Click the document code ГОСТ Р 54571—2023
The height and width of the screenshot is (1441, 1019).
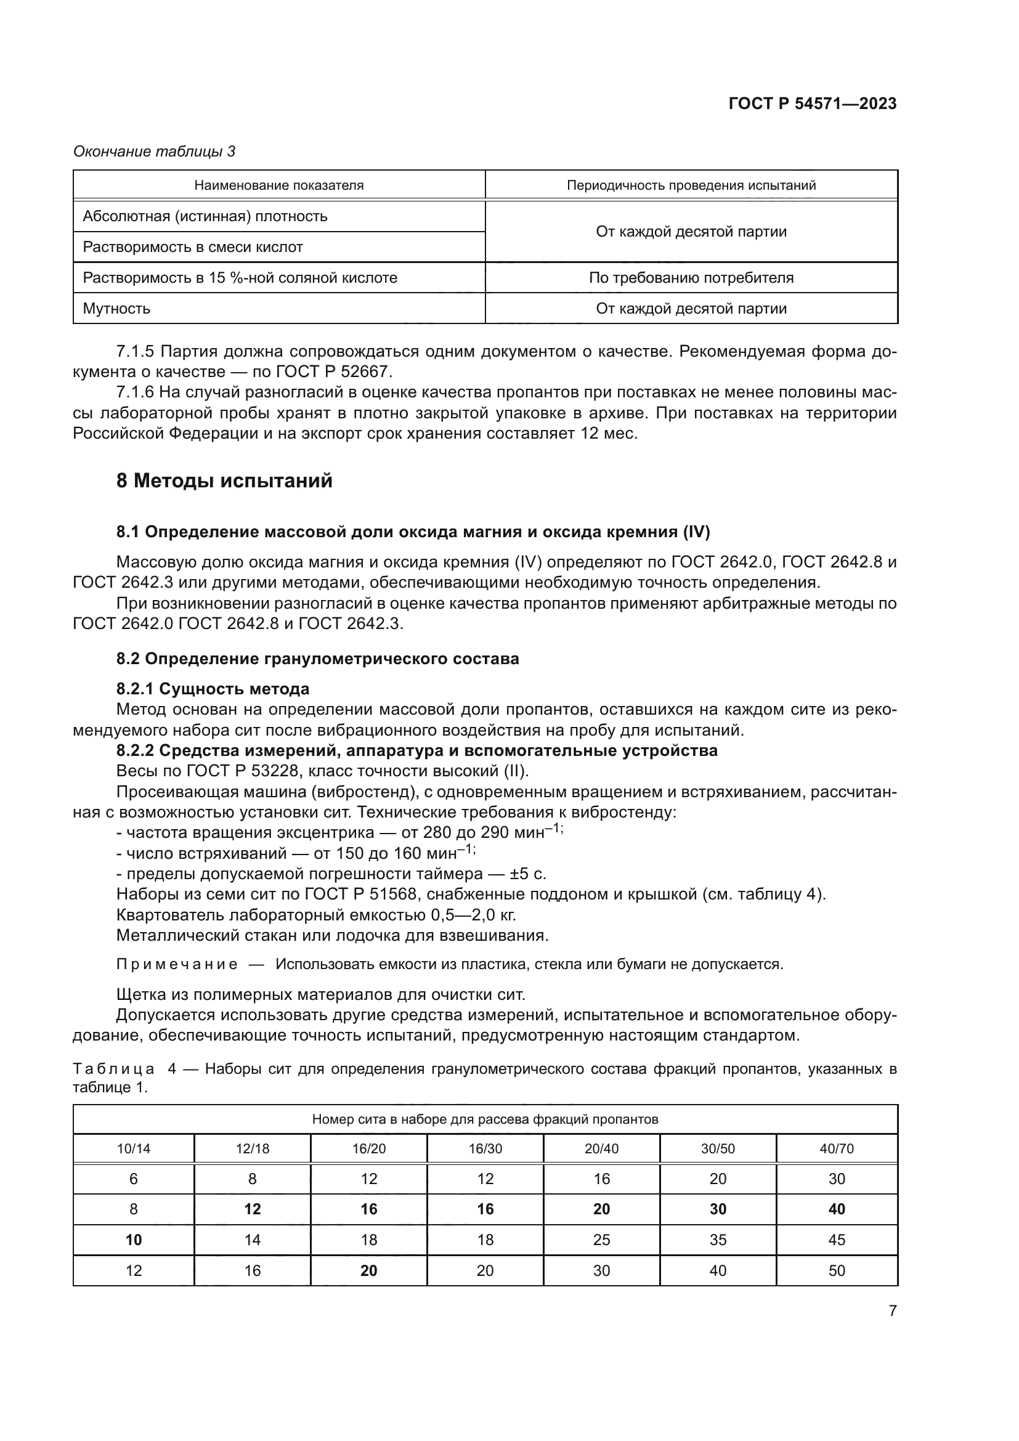tap(812, 104)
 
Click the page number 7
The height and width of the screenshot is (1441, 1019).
tap(892, 1310)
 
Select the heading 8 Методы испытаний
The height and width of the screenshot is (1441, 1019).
tap(224, 481)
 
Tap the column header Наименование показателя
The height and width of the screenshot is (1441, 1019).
tap(278, 185)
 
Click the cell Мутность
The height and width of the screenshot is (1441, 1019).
tap(116, 309)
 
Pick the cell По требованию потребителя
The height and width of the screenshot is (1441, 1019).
tap(691, 278)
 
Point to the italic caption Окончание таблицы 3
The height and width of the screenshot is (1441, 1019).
tap(155, 152)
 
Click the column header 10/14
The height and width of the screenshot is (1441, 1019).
tap(134, 1148)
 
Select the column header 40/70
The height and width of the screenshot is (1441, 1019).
tap(837, 1148)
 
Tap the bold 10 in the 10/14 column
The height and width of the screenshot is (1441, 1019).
tap(134, 1240)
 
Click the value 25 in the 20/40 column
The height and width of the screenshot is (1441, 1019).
tap(601, 1240)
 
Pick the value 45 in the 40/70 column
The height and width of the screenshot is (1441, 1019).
tap(837, 1240)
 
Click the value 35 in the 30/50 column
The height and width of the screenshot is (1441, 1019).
tap(718, 1240)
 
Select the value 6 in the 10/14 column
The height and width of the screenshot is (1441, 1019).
tap(134, 1179)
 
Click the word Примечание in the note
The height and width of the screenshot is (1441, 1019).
tap(177, 964)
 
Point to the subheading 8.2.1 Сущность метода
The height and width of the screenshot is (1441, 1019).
tap(213, 689)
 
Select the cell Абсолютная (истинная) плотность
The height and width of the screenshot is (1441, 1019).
tap(205, 216)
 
